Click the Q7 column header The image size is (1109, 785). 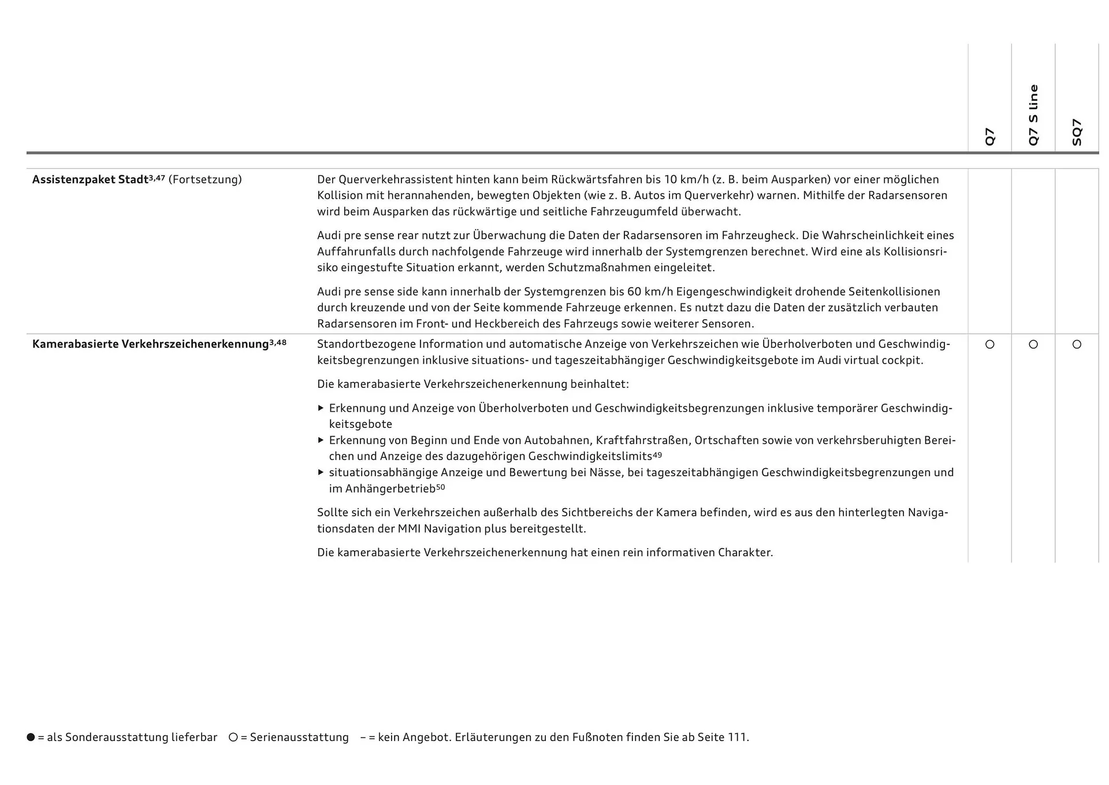(x=990, y=137)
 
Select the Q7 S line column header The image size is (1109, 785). (x=1033, y=115)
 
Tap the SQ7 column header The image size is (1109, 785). (x=1077, y=132)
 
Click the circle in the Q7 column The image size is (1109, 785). (x=990, y=345)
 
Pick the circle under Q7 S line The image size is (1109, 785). (x=1033, y=345)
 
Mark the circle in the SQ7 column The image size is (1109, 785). (x=1077, y=345)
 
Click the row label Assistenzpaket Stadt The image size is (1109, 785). (x=90, y=180)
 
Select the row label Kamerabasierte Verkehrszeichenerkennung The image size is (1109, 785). (x=151, y=345)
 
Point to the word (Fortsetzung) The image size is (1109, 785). (x=205, y=180)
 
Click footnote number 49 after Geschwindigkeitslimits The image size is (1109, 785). (x=657, y=455)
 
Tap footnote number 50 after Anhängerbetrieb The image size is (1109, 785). (x=441, y=487)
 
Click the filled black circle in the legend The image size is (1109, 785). (x=31, y=738)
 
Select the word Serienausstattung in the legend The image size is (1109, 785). (x=299, y=738)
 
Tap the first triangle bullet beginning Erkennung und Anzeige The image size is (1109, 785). (x=321, y=408)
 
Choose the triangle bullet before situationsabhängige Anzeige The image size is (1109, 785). (x=321, y=472)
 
